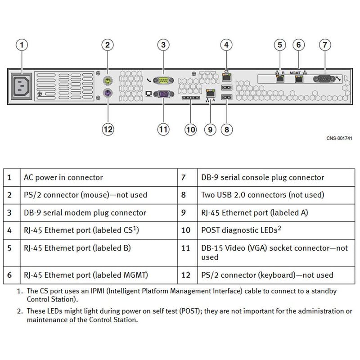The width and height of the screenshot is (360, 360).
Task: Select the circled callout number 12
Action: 108,129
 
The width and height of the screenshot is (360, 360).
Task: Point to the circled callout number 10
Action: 191,129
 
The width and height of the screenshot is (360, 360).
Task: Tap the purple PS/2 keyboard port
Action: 108,94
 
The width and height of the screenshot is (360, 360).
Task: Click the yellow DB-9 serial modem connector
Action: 163,80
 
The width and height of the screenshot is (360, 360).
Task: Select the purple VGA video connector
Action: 163,94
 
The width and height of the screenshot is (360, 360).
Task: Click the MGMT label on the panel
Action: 295,72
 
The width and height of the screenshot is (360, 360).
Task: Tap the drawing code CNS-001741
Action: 339,138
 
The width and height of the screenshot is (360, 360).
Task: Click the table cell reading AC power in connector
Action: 63,178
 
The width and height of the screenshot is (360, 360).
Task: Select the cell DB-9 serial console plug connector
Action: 262,178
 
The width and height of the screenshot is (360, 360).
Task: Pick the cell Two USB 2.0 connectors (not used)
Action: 262,195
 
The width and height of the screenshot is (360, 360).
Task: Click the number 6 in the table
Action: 9,275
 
